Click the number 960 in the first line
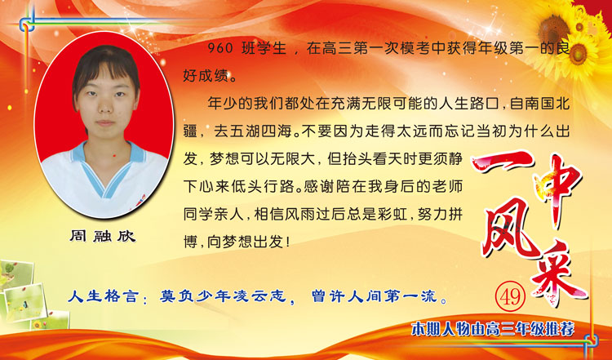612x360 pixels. pos(220,48)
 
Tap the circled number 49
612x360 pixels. pos(511,297)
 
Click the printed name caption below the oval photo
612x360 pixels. pos(103,236)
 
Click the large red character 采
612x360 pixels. pos(558,273)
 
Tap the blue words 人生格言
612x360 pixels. pos(103,296)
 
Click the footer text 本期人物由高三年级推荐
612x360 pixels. pos(493,330)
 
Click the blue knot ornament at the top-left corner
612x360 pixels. pos(27,24)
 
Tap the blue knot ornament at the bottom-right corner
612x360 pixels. pos(590,341)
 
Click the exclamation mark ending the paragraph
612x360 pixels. pos(288,242)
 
